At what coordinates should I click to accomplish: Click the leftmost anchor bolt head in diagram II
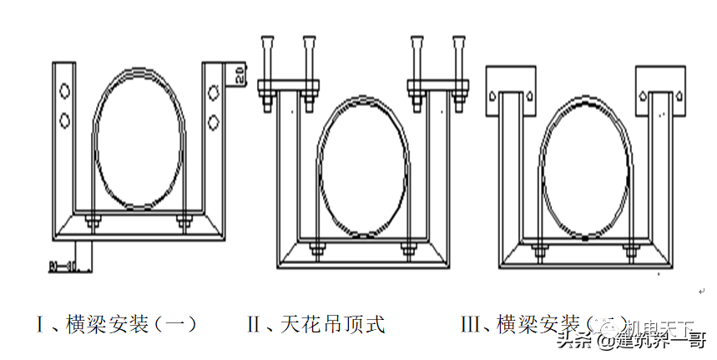coord(267,39)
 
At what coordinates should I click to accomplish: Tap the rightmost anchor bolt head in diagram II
coord(457,39)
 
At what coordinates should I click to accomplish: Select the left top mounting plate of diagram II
coord(288,84)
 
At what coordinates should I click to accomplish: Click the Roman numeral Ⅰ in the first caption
coord(40,324)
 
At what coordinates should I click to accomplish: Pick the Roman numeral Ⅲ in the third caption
coord(472,324)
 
